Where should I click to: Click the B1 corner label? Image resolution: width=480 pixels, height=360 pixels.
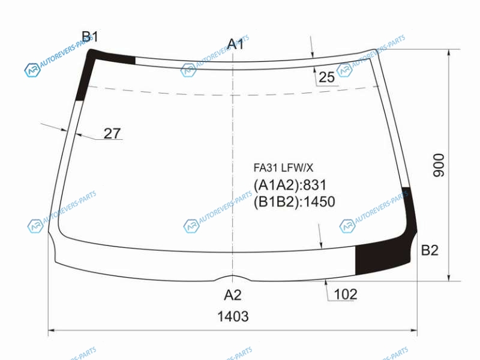(x=89, y=37)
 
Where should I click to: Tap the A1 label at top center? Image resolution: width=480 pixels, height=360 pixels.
(x=235, y=44)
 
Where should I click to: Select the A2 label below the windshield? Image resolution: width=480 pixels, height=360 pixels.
(x=233, y=295)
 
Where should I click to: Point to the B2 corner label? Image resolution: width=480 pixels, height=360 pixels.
(x=430, y=250)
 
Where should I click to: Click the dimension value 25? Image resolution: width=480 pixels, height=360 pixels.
(x=326, y=77)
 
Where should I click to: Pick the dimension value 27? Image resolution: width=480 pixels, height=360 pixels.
(x=112, y=133)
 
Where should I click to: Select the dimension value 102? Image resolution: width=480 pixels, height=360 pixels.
(x=346, y=294)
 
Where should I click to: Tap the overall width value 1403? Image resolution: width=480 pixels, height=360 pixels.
(x=233, y=316)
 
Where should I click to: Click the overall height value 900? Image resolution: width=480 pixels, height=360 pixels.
(x=439, y=166)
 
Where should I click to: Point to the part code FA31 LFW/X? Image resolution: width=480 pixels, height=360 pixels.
(x=283, y=168)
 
